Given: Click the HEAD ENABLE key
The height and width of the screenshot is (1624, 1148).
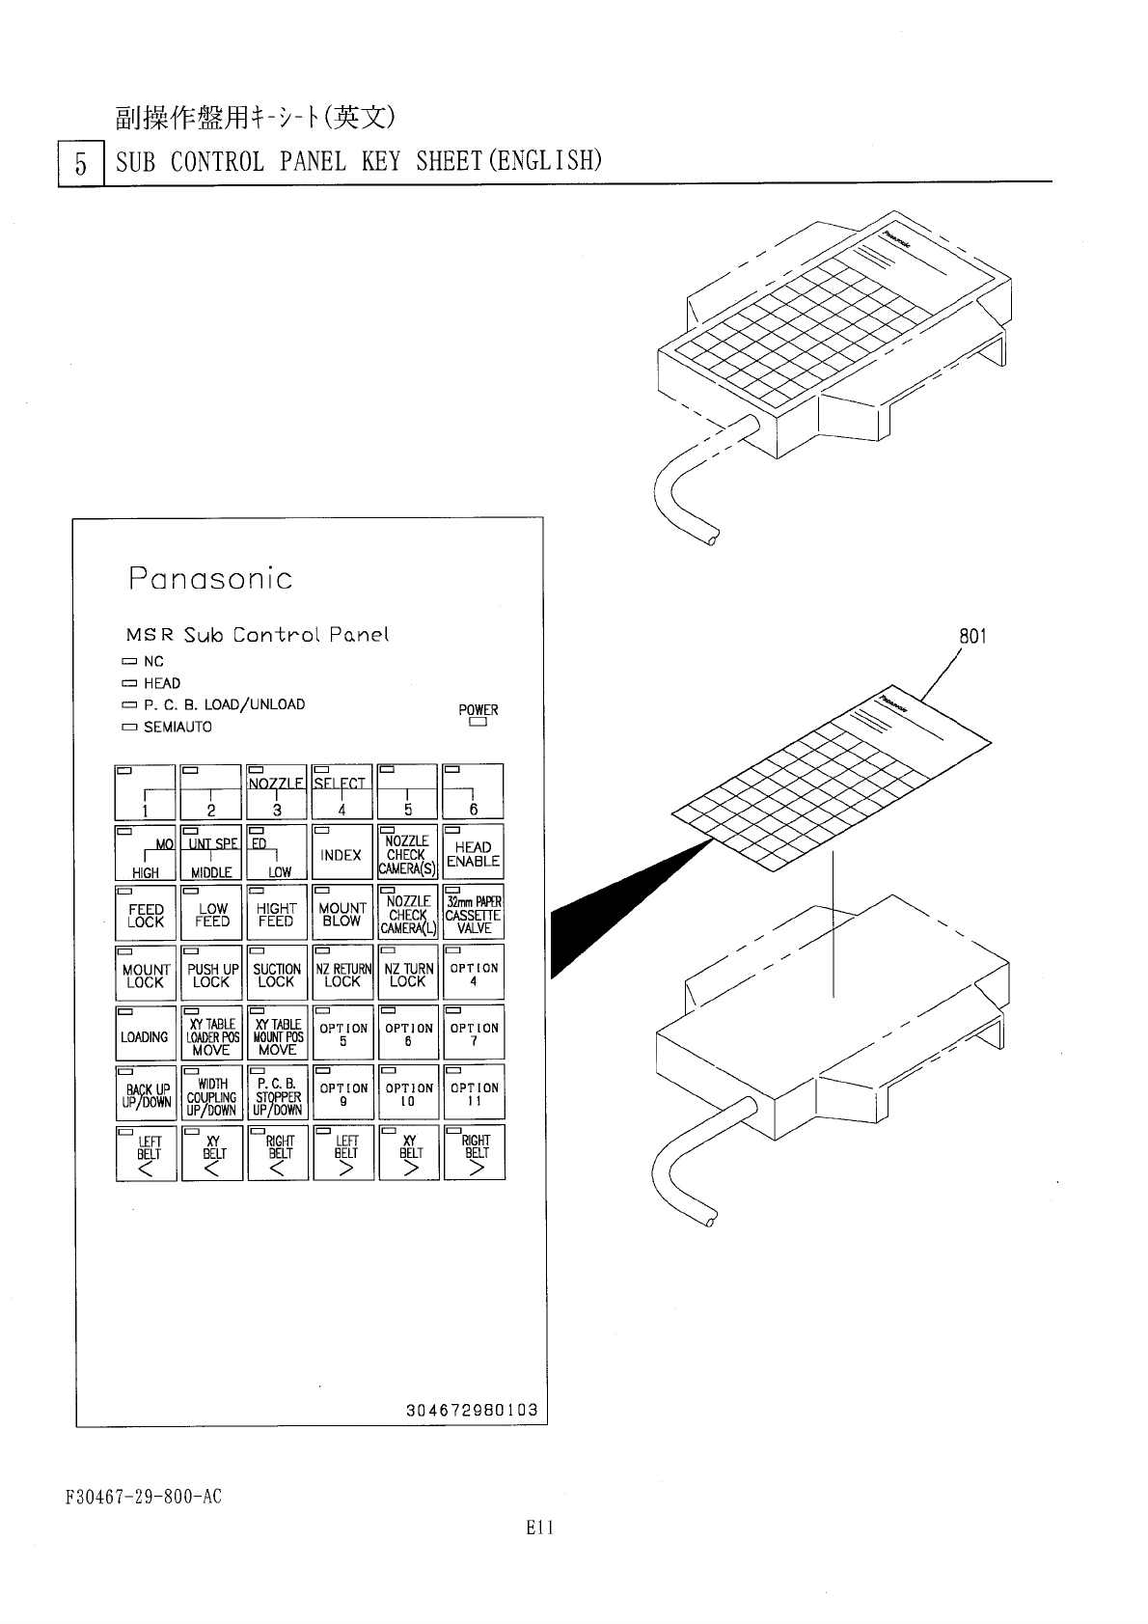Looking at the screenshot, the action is [473, 852].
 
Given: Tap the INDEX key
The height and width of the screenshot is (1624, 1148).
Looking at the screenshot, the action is [342, 852].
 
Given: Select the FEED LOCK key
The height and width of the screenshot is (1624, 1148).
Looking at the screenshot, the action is [146, 913].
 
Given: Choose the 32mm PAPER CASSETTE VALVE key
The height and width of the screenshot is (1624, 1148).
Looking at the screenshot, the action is [473, 913].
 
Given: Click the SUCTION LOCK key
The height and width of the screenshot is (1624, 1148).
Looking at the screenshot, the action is [276, 974].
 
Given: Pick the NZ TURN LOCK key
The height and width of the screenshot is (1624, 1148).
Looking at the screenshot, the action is [407, 974].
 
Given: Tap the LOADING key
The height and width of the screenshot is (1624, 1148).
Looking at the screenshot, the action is [145, 1034].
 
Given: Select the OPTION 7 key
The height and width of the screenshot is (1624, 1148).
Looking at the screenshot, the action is [474, 1034].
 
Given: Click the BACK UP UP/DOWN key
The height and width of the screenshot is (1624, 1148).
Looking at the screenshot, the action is [146, 1094].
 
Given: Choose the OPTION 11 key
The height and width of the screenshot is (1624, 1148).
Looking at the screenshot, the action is [474, 1094].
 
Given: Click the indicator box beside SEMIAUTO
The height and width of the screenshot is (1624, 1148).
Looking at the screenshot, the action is [130, 728].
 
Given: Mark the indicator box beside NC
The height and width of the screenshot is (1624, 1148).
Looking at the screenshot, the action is [130, 662].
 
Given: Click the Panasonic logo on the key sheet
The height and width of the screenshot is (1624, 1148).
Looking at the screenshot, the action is [210, 579].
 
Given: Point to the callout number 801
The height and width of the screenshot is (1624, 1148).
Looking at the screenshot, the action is [972, 637].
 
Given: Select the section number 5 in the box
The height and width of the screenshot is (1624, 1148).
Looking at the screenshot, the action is [81, 164].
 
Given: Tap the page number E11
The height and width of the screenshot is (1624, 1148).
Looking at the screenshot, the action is [539, 1528].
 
